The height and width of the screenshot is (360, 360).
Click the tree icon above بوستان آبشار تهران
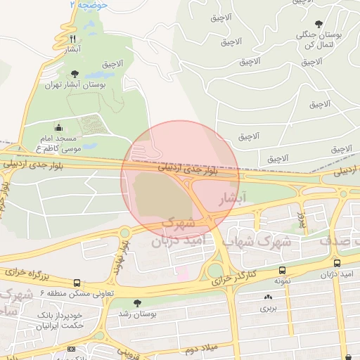pos(75,73)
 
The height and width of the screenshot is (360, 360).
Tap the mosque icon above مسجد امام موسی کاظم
pos(58,128)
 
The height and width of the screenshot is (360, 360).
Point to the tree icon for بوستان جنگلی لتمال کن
pos(320,23)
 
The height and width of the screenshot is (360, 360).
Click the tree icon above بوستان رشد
pos(136,303)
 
